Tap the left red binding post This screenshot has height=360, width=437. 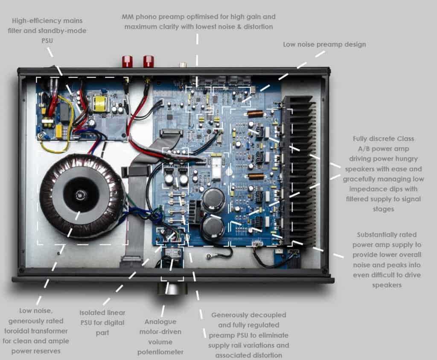(x=127, y=61)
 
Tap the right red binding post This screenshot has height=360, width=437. (x=148, y=61)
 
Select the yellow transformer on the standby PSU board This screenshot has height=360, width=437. (x=100, y=102)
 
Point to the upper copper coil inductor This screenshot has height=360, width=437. (x=255, y=114)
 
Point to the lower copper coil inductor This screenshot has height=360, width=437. (x=255, y=176)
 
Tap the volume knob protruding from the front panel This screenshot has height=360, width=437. (x=172, y=289)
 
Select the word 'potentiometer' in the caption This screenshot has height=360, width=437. (x=160, y=352)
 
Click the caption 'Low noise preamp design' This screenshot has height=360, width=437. (x=324, y=44)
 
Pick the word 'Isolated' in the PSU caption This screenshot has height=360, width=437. (x=92, y=313)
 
